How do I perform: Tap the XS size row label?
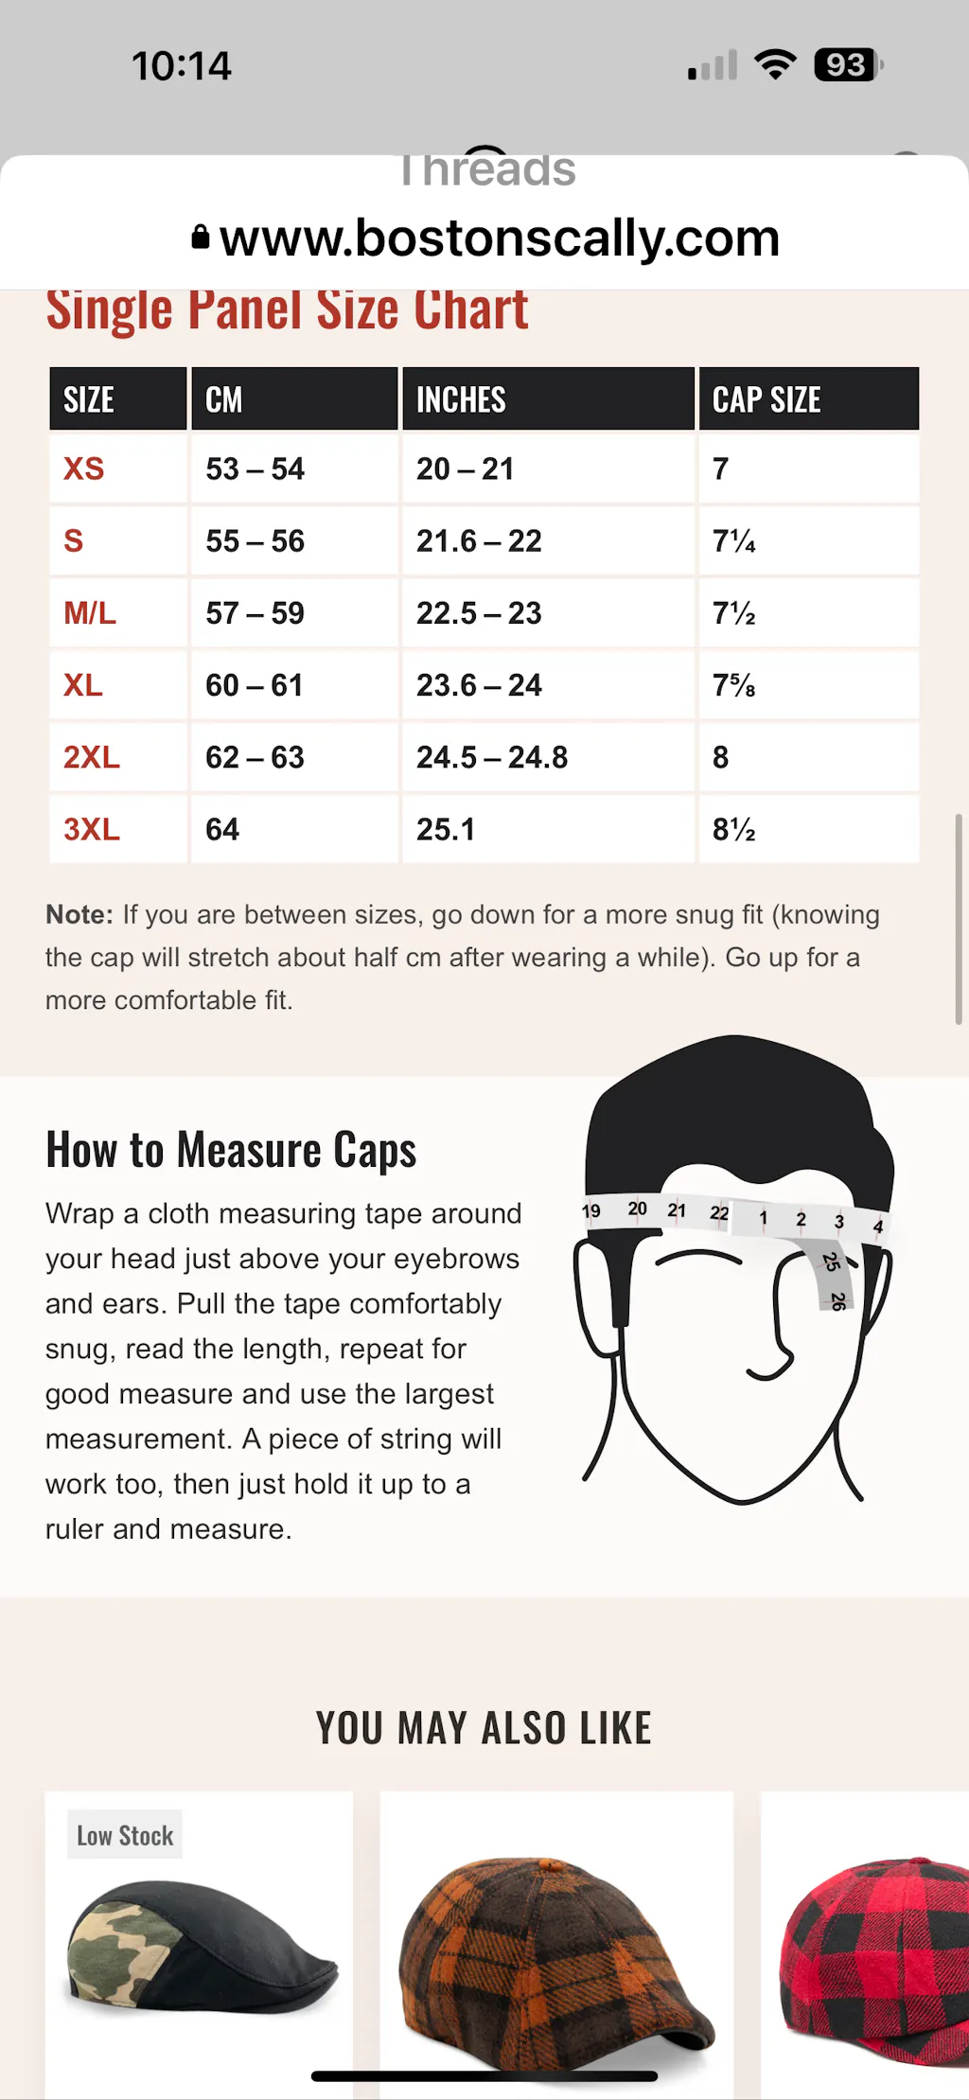[84, 468]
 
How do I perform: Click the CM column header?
[224, 399]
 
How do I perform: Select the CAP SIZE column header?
[766, 399]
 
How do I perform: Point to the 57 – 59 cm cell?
[255, 613]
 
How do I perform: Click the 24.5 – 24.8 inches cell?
[492, 757]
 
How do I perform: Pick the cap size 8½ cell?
[734, 830]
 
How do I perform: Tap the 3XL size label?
[92, 830]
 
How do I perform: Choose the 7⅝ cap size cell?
[734, 685]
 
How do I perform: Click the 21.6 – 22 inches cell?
[479, 541]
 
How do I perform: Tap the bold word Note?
[79, 915]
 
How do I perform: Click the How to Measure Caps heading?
[231, 1151]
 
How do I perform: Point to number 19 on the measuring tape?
[591, 1211]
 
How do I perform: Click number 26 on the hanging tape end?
[837, 1301]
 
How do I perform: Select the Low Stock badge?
[125, 1836]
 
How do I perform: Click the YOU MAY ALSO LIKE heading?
[484, 1728]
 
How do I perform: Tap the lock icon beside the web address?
[201, 237]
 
